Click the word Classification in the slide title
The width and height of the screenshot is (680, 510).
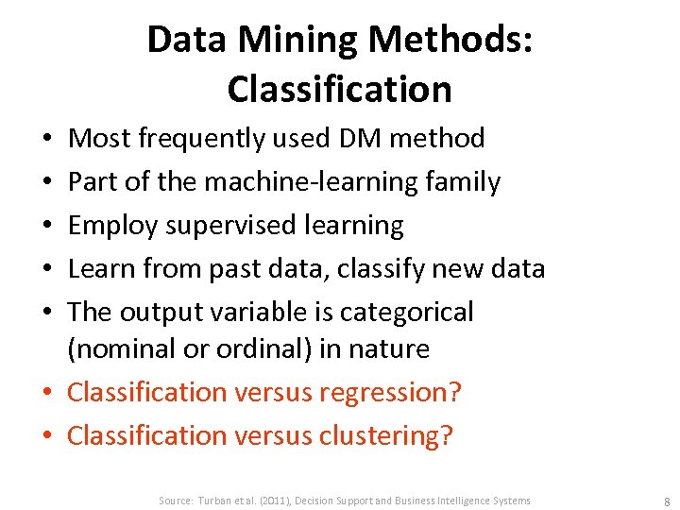coord(339,89)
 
